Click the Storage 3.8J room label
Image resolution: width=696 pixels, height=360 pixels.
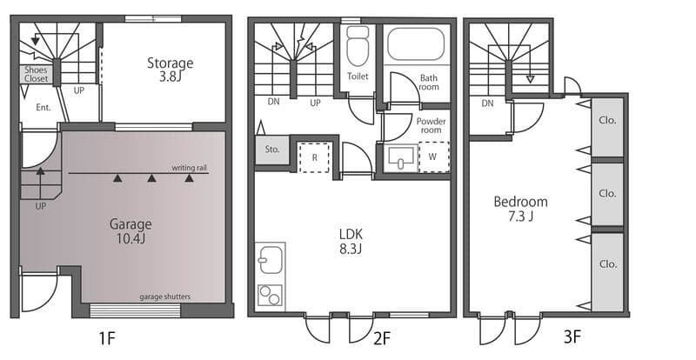[170, 70]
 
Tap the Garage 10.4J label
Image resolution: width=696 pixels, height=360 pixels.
[130, 231]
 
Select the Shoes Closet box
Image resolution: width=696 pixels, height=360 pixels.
[36, 75]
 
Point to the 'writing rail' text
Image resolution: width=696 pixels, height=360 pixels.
[190, 168]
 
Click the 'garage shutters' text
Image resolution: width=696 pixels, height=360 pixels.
[164, 297]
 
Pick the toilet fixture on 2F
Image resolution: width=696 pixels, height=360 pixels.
[358, 46]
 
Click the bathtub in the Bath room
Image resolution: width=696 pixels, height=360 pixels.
[416, 44]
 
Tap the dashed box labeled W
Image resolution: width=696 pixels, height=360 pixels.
[433, 157]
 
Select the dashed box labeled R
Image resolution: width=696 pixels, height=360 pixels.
[314, 157]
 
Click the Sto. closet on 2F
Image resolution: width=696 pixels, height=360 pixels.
[272, 150]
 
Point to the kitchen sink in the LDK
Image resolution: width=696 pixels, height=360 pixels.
[271, 260]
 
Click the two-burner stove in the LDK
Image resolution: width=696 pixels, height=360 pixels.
[270, 295]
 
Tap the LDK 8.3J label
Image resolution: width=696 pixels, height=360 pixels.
[351, 242]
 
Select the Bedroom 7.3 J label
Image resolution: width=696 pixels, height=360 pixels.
[520, 209]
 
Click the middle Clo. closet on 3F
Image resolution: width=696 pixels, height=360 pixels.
[607, 195]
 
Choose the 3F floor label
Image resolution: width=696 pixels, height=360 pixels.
[572, 337]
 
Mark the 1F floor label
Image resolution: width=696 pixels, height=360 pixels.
[106, 338]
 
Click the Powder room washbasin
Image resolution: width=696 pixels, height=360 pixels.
[401, 157]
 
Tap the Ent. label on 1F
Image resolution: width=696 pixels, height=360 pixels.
[43, 108]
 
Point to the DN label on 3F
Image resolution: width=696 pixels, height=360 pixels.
[487, 103]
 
